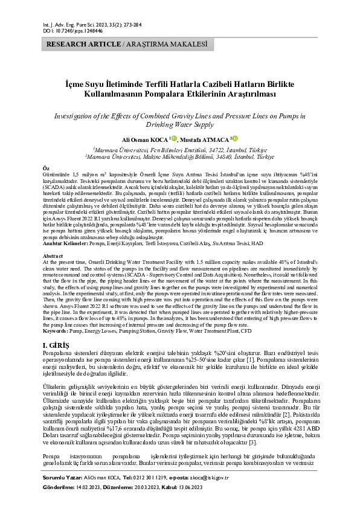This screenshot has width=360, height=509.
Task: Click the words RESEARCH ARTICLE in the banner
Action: tap(83, 45)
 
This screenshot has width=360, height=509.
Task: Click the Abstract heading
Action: tap(51, 257)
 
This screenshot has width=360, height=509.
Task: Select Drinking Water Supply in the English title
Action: tap(179, 124)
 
